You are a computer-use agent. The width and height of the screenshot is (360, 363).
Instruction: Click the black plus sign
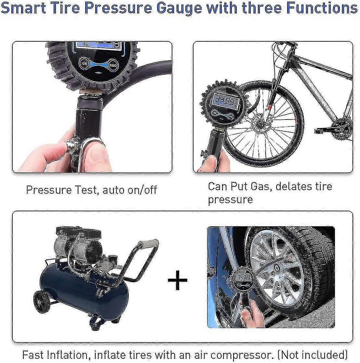click(177, 280)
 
